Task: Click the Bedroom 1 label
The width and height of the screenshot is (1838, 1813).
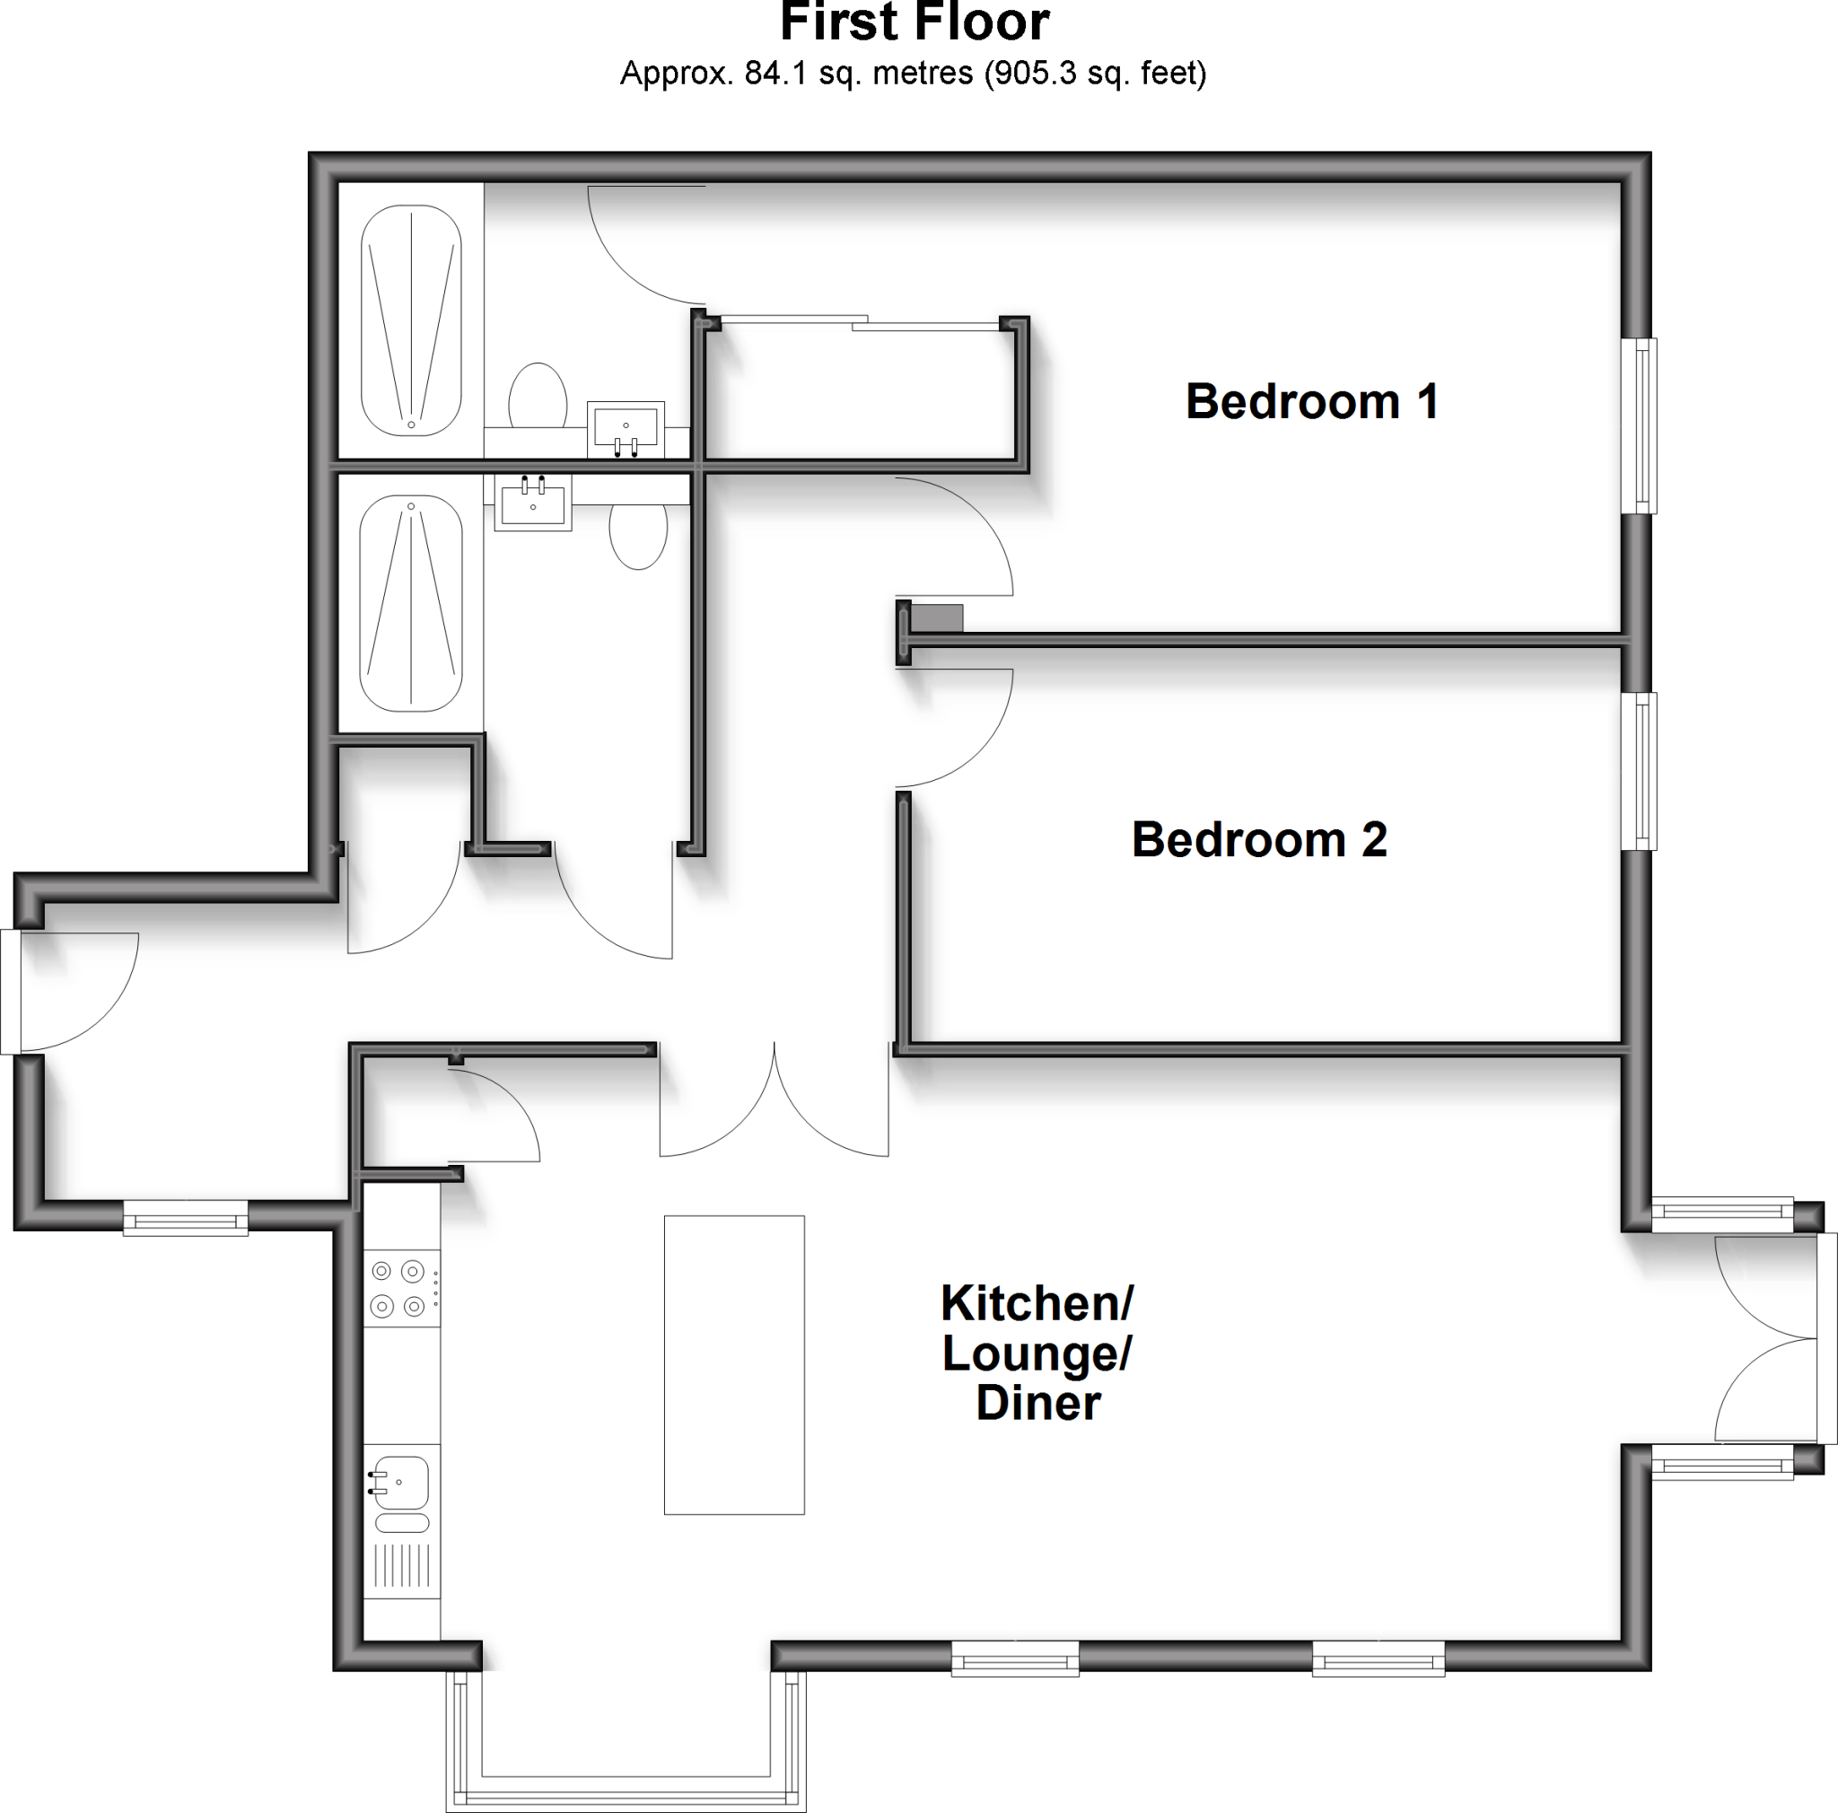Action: (x=1311, y=401)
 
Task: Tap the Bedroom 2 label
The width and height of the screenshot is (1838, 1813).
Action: (x=1258, y=840)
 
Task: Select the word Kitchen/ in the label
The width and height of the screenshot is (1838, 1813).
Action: (x=1037, y=1303)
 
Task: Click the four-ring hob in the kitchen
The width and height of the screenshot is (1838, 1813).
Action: (x=399, y=1288)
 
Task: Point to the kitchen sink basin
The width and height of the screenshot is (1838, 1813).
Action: (x=401, y=1482)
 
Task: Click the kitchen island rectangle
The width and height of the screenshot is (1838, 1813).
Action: (x=733, y=1364)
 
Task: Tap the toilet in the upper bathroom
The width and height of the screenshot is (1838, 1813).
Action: (x=538, y=397)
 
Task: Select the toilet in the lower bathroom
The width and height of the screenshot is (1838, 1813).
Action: (x=638, y=535)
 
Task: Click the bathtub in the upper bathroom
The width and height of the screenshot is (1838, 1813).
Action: (x=411, y=320)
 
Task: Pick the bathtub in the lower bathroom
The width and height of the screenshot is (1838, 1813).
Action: (x=411, y=602)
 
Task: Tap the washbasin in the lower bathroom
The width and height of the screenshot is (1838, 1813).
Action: (x=533, y=502)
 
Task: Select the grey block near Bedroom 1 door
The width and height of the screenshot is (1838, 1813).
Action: (x=937, y=618)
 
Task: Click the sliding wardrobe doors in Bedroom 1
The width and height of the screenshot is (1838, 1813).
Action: (x=860, y=322)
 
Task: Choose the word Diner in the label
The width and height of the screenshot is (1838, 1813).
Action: (x=1038, y=1404)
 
